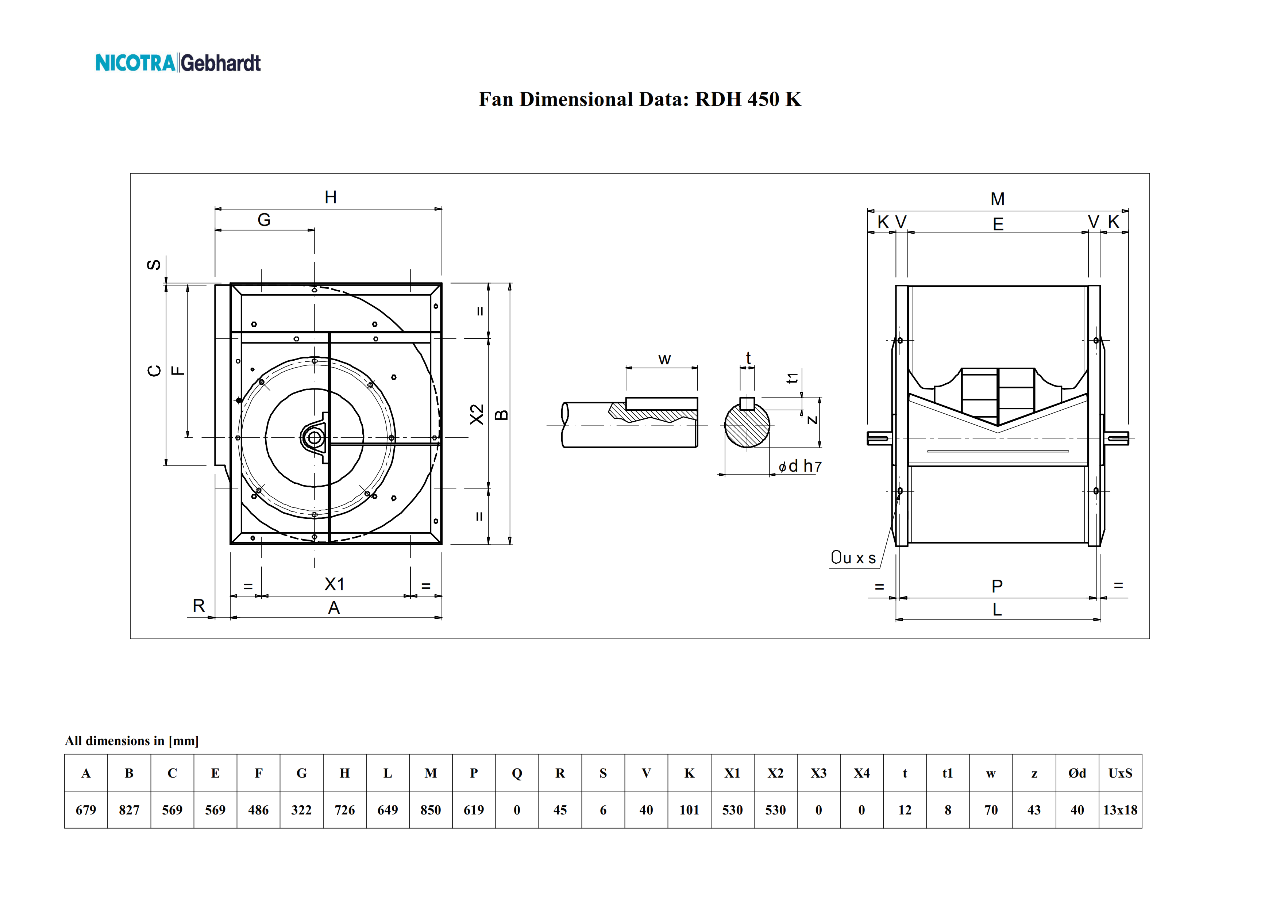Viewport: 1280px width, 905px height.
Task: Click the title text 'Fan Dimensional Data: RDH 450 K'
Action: [640, 99]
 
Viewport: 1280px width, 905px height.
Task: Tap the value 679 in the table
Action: [86, 810]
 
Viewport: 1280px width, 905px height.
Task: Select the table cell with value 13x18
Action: [1120, 810]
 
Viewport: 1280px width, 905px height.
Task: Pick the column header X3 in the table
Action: [818, 773]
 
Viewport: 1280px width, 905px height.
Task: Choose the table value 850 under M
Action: [431, 810]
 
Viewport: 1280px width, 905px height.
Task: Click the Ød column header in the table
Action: [1077, 773]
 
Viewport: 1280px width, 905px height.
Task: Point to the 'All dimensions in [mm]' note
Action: [132, 740]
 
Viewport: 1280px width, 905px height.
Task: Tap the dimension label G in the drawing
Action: [264, 220]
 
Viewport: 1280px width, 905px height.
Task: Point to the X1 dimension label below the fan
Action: [335, 584]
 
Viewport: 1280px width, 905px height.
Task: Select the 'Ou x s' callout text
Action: [853, 557]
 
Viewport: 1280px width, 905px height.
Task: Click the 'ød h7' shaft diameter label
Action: [800, 466]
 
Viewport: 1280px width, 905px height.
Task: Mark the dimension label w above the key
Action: [664, 360]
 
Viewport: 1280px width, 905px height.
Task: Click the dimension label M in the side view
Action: [997, 199]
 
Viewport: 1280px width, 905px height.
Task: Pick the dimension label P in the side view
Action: [997, 586]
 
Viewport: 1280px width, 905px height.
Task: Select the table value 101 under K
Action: [689, 810]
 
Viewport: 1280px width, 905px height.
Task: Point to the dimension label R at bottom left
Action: [198, 606]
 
